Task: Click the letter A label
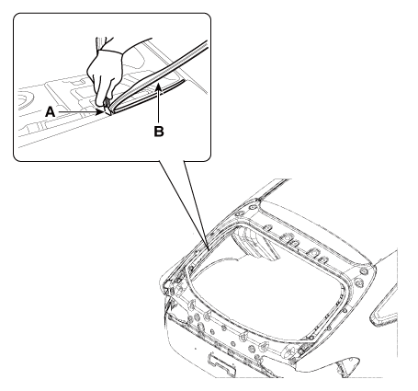coord(51,112)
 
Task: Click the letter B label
coord(159,132)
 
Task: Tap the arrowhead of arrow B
coord(158,87)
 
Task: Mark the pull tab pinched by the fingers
coord(107,107)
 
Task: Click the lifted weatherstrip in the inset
coord(159,76)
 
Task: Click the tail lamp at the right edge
coord(384,306)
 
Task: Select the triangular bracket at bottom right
coord(347,365)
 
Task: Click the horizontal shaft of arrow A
coord(77,112)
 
